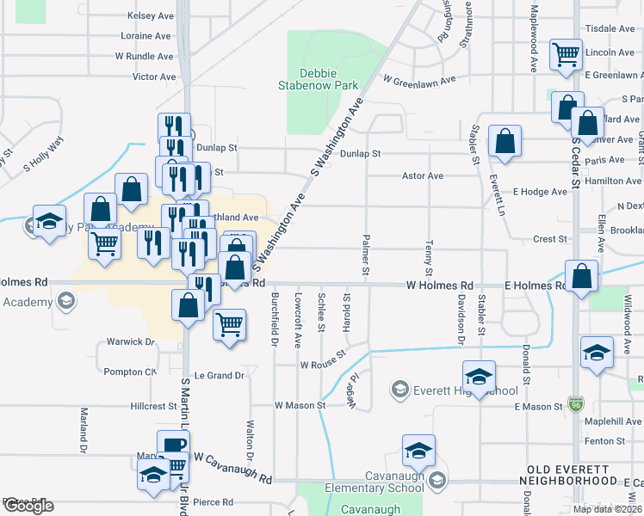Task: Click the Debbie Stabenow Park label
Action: click(317, 79)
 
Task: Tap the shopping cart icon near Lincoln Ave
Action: click(567, 55)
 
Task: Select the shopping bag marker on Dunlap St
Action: click(505, 141)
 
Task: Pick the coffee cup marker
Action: click(173, 445)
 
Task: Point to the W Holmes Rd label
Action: click(440, 285)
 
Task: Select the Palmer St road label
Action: click(366, 255)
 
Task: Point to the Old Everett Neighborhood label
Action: click(573, 480)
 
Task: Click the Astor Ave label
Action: click(423, 175)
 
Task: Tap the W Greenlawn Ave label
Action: click(419, 80)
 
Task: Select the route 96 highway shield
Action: click(574, 402)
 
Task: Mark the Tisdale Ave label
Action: click(610, 28)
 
